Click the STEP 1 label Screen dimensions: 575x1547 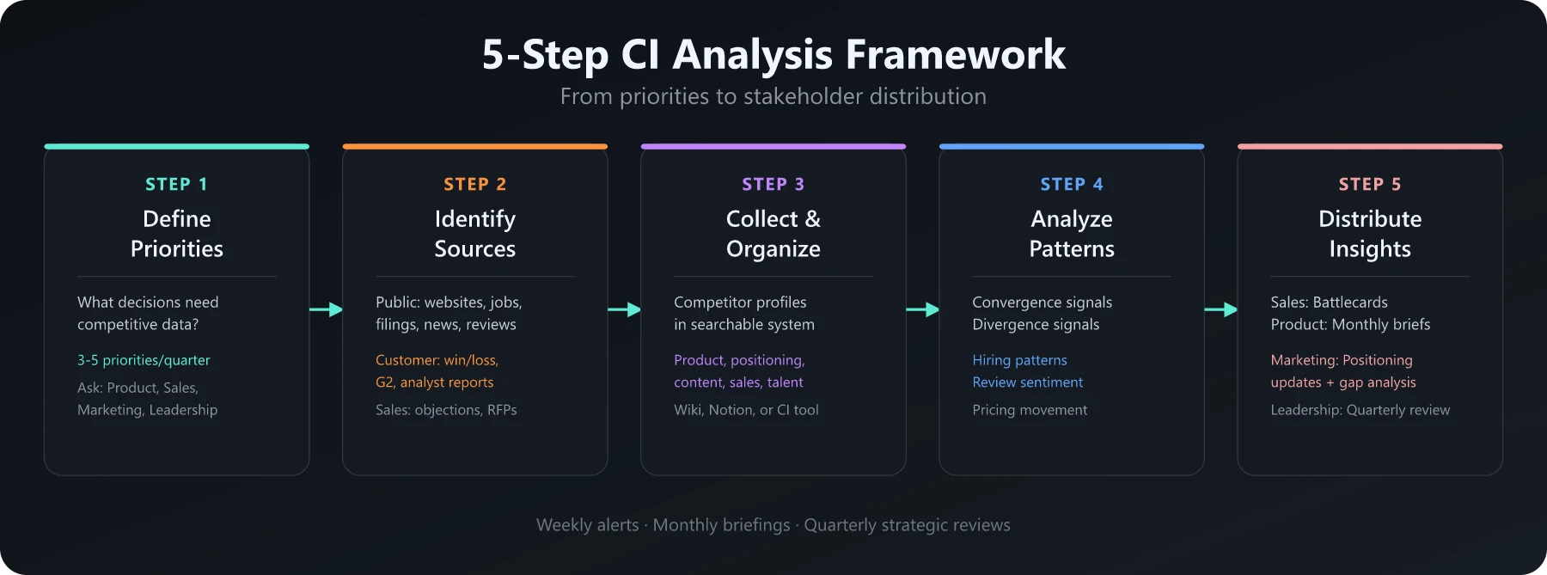pyautogui.click(x=176, y=184)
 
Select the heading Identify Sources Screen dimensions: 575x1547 pyautogui.click(x=474, y=234)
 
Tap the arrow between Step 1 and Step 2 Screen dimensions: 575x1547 pyautogui.click(x=326, y=309)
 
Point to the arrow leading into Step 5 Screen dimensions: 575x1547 pyautogui.click(x=1220, y=309)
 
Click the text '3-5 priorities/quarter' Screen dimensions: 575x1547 pyautogui.click(x=144, y=360)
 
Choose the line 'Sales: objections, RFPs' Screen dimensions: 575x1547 pyautogui.click(x=446, y=410)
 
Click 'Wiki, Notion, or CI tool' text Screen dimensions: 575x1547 pyautogui.click(x=746, y=410)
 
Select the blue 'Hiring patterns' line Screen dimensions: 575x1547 pyautogui.click(x=1019, y=360)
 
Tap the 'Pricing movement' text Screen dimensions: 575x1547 pyautogui.click(x=1030, y=410)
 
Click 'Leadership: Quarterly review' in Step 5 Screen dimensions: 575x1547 pyautogui.click(x=1360, y=410)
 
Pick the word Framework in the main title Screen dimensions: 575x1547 pyautogui.click(x=955, y=54)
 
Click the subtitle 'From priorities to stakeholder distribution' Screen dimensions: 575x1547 pyautogui.click(x=773, y=96)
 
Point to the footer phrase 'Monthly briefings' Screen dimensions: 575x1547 pyautogui.click(x=721, y=525)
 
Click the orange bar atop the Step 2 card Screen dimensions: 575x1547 pyautogui.click(x=474, y=146)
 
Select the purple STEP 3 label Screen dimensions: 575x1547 pyautogui.click(x=773, y=184)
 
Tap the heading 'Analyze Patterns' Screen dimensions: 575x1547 pyautogui.click(x=1071, y=234)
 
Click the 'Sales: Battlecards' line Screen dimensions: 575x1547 pyautogui.click(x=1329, y=303)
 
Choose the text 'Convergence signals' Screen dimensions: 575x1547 pyautogui.click(x=1042, y=303)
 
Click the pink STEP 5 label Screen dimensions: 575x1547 pyautogui.click(x=1369, y=184)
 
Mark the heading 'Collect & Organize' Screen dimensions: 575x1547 pyautogui.click(x=773, y=234)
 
